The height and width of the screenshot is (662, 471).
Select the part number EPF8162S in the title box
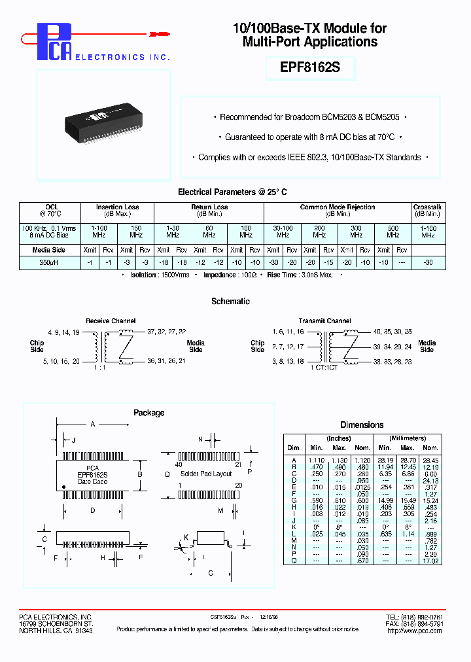[x=310, y=68]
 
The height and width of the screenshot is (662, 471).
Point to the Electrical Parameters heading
[x=232, y=192]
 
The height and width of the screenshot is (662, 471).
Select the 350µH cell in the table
[x=50, y=262]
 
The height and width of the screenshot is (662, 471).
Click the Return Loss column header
[x=209, y=207]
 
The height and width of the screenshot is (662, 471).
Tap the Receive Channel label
[x=111, y=321]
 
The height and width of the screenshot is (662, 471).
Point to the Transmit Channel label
[x=324, y=321]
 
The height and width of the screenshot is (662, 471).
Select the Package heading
[x=148, y=413]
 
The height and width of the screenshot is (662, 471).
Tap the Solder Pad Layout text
[x=206, y=474]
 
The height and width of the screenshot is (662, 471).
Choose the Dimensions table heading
[x=362, y=425]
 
